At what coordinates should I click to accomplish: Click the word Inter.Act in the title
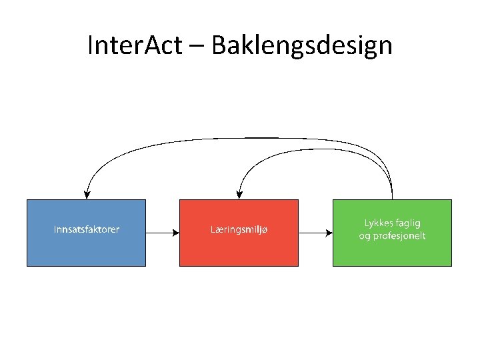point(143,45)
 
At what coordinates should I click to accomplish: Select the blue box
point(86,250)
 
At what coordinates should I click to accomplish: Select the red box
point(239,250)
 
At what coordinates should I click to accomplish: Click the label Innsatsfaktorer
point(87,230)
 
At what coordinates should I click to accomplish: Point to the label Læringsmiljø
point(239,230)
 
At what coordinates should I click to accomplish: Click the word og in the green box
point(365,237)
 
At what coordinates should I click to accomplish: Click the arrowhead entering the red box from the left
point(176,233)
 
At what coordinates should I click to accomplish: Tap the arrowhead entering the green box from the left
point(329,233)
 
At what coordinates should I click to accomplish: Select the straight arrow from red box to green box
point(315,233)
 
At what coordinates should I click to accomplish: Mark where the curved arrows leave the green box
point(392,197)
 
